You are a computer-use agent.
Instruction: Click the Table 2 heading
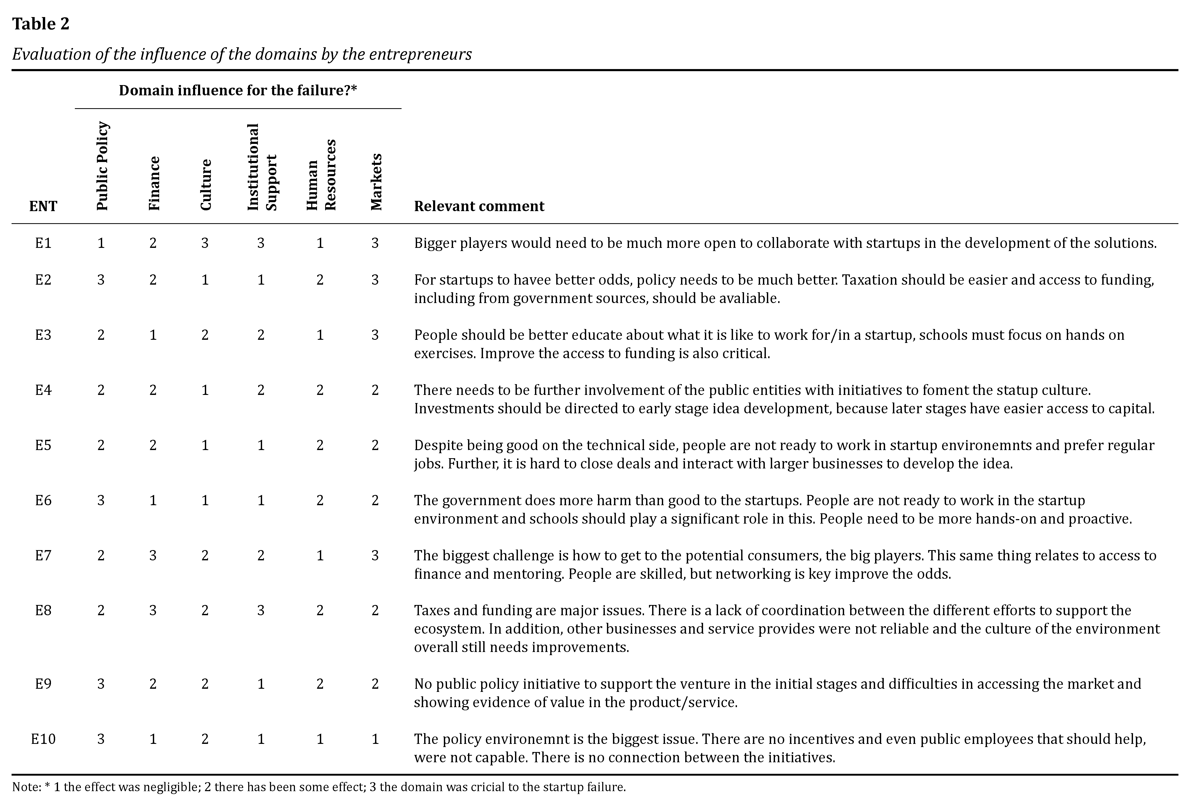point(41,24)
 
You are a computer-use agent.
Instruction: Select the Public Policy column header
point(102,166)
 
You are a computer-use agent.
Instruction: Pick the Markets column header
point(376,182)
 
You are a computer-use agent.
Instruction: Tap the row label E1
point(43,243)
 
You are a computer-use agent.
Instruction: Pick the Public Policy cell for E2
point(101,280)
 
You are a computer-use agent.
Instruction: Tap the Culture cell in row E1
point(205,243)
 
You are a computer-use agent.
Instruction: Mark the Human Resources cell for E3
point(320,335)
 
